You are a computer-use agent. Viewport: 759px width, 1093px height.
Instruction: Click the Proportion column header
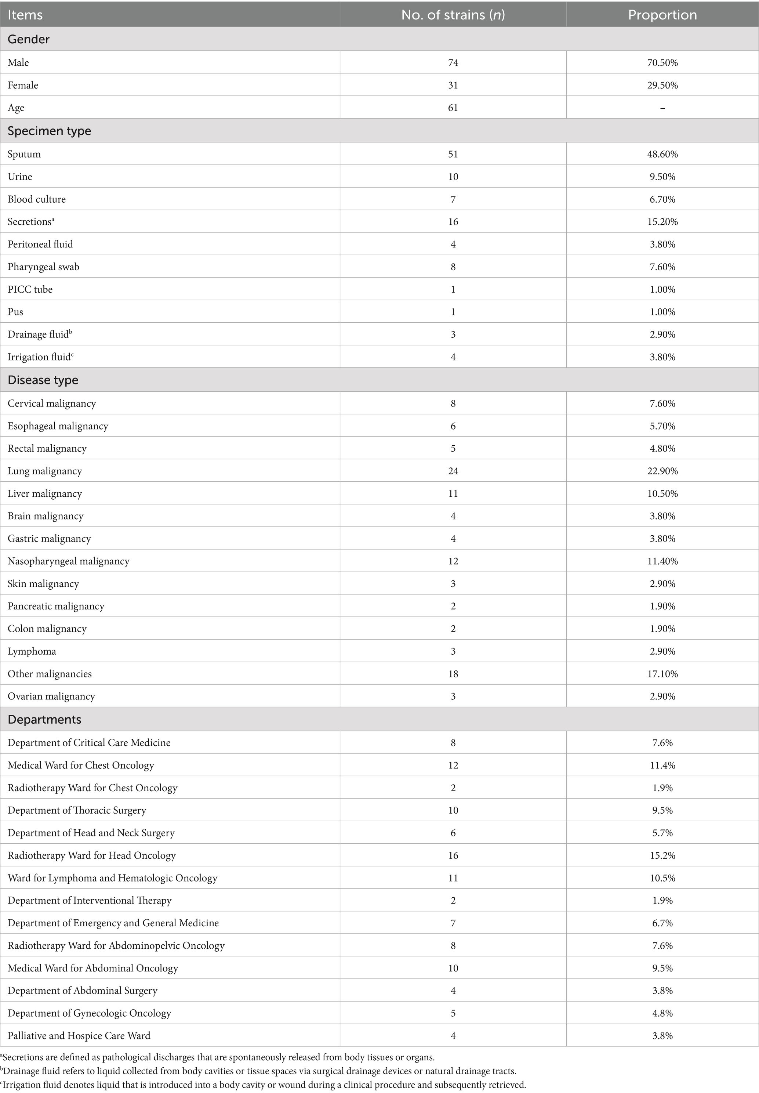pyautogui.click(x=662, y=15)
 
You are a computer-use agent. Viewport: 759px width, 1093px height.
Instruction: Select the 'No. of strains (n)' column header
pyautogui.click(x=453, y=15)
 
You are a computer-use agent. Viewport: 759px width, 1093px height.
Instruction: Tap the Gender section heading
pyautogui.click(x=29, y=39)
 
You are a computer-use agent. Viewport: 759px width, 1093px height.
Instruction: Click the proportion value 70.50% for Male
pyautogui.click(x=662, y=63)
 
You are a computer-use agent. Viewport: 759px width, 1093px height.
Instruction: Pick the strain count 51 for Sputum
pyautogui.click(x=453, y=154)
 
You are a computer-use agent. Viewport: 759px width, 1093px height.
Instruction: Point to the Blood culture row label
pyautogui.click(x=37, y=199)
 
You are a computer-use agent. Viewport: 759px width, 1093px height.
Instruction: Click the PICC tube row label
pyautogui.click(x=30, y=289)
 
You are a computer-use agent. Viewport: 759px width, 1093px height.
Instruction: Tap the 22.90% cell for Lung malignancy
pyautogui.click(x=662, y=471)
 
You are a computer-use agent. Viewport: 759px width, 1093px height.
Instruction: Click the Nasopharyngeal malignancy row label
pyautogui.click(x=69, y=561)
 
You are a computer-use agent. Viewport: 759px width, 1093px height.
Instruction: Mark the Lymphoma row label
pyautogui.click(x=32, y=651)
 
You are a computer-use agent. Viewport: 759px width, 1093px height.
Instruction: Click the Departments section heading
pyautogui.click(x=44, y=720)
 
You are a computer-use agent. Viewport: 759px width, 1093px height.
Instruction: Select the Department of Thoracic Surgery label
pyautogui.click(x=77, y=810)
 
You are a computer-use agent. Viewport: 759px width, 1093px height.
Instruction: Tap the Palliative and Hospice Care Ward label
pyautogui.click(x=79, y=1035)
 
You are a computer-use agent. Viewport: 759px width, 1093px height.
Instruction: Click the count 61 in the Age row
pyautogui.click(x=453, y=108)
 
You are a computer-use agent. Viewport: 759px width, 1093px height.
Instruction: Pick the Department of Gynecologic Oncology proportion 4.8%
pyautogui.click(x=662, y=1013)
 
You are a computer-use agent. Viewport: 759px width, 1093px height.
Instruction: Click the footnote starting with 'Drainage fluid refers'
pyautogui.click(x=259, y=1072)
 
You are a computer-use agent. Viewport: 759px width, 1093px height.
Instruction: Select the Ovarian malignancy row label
pyautogui.click(x=51, y=696)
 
